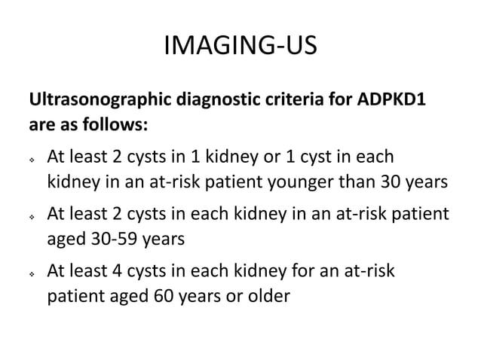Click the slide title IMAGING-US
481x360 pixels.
pos(240,48)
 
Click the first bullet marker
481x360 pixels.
pos(32,160)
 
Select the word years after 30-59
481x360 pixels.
pos(165,238)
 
